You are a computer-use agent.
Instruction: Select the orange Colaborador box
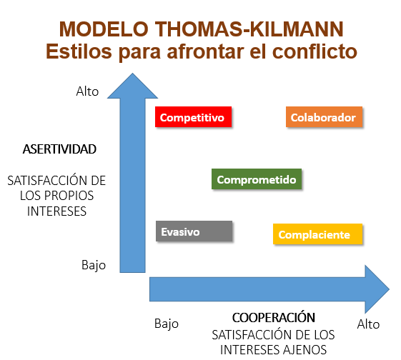coord(323,117)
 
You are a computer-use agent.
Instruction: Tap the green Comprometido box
coord(257,179)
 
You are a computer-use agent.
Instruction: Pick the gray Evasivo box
coord(194,232)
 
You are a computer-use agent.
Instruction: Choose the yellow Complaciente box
coord(318,234)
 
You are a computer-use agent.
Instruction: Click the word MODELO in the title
coord(101,29)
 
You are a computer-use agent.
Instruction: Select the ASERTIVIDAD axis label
coord(59,150)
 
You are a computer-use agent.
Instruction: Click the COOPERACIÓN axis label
coord(274,317)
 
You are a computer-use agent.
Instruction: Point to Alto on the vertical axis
coord(87,91)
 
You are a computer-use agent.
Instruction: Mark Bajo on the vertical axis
coord(93,265)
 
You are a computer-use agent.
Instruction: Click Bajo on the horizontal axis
coord(166,324)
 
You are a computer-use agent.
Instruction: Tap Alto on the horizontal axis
coord(368,324)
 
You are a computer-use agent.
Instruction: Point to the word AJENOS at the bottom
coord(303,349)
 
